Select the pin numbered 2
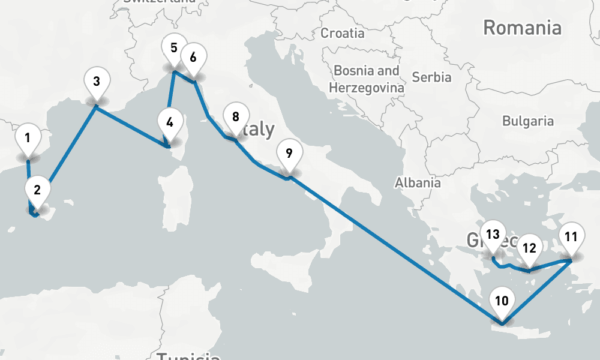tap(37, 191)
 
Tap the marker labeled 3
tap(97, 80)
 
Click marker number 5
tap(174, 48)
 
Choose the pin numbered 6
tap(193, 58)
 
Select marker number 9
tap(289, 153)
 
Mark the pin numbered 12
tap(529, 248)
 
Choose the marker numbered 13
tap(493, 235)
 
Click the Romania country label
tap(522, 28)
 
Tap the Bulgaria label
tap(528, 121)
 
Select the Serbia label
tap(432, 77)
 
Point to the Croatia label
tap(342, 33)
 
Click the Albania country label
tap(418, 183)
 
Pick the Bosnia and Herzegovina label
tap(367, 79)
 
